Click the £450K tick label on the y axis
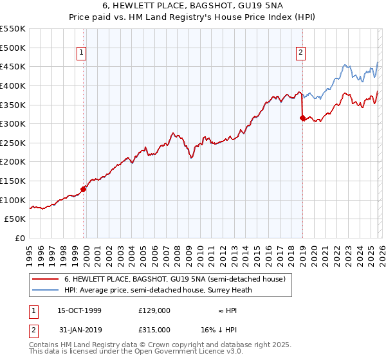[x=13, y=66]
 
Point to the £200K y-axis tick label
[x=13, y=161]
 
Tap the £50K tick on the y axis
[x=15, y=219]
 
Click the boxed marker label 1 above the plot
[x=83, y=53]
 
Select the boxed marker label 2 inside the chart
[x=301, y=53]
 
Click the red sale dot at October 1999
[x=84, y=189]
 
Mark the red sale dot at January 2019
[x=302, y=118]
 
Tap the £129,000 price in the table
[x=154, y=310]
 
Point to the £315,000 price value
[x=154, y=329]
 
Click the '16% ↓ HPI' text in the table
[x=224, y=329]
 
